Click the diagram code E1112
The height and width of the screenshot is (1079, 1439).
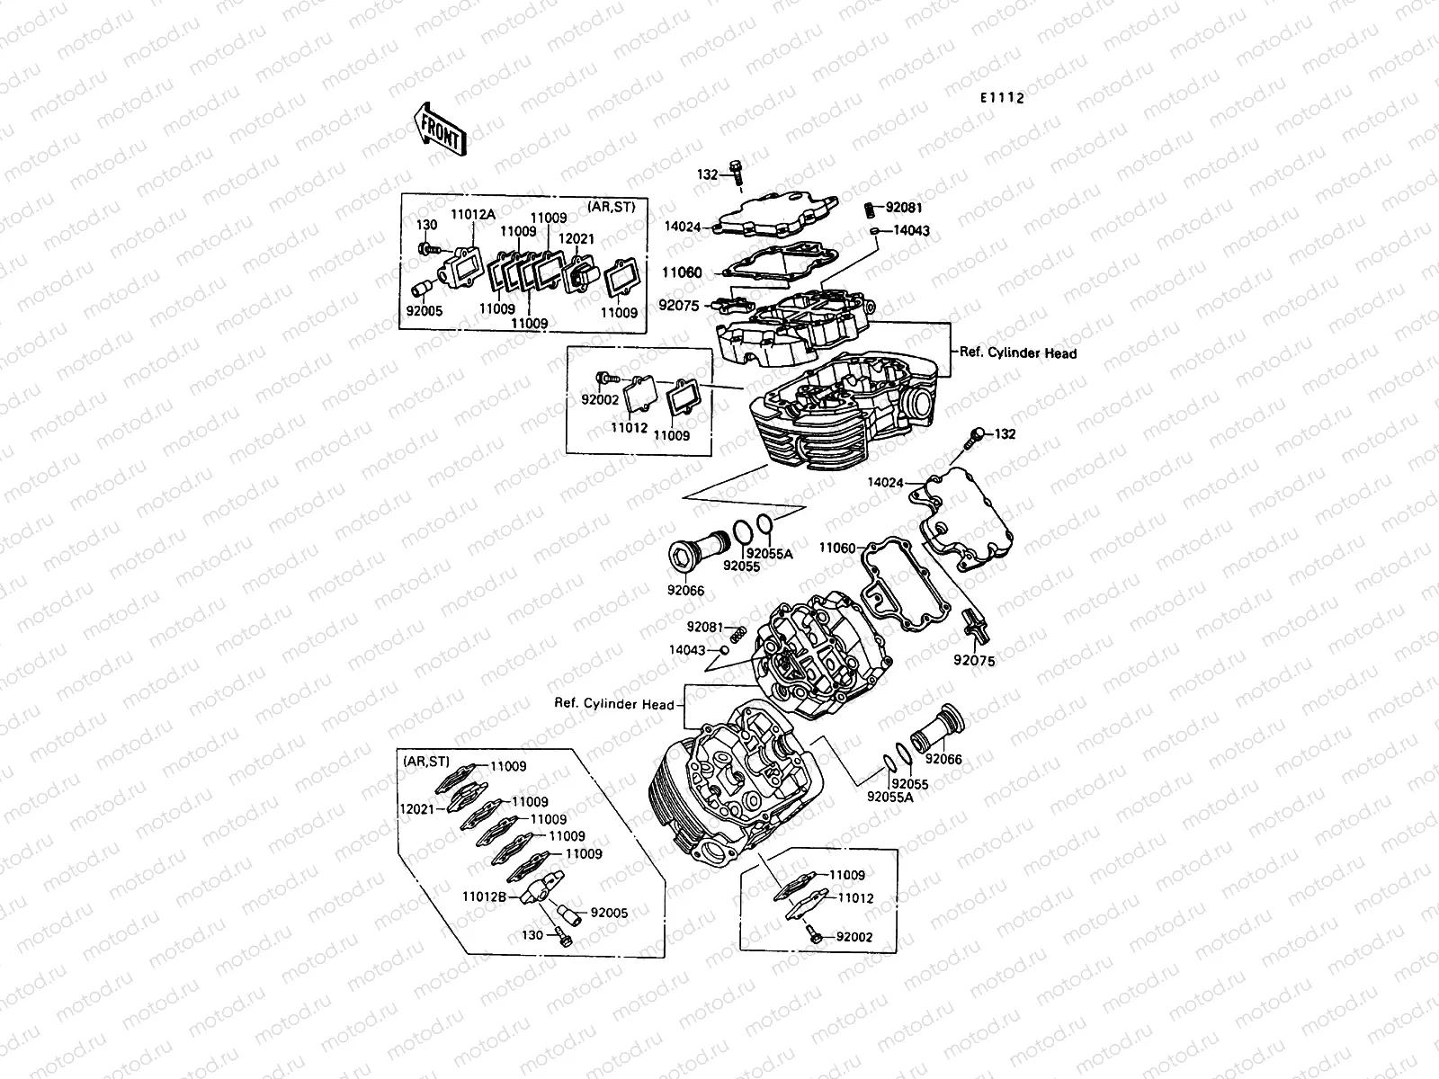[1002, 99]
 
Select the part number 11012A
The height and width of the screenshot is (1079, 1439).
[472, 214]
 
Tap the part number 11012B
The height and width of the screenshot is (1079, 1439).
[486, 896]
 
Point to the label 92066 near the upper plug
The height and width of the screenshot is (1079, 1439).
[685, 591]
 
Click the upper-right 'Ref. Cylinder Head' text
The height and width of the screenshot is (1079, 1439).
[1018, 353]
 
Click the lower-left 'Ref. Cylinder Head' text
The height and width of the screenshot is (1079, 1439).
[614, 704]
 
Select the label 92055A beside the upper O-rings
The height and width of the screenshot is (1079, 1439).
[771, 555]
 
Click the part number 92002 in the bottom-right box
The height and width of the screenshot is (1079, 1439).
[854, 937]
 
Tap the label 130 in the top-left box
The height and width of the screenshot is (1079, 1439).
[427, 225]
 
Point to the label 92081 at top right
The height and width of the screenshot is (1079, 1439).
[903, 208]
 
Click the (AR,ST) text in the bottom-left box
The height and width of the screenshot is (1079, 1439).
[425, 762]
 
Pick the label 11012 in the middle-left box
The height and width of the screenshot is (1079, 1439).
[630, 428]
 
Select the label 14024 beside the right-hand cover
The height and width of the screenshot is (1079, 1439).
[885, 483]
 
